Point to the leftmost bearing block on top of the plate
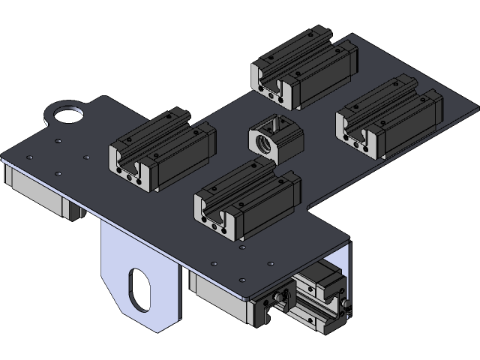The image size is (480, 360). click(162, 149)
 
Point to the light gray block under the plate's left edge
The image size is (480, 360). click(37, 191)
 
